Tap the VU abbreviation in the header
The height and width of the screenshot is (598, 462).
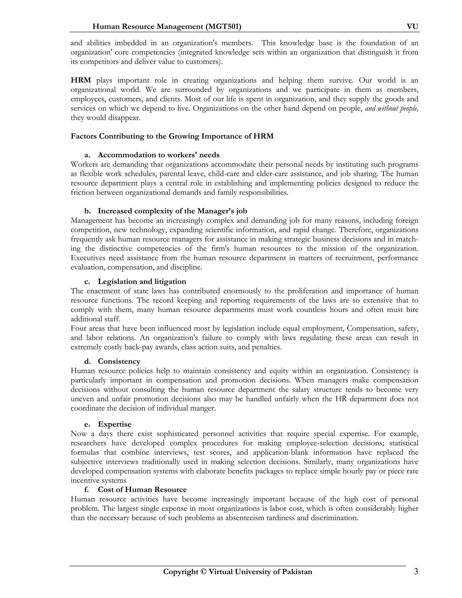[x=412, y=27]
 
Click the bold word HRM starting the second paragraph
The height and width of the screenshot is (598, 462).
[x=81, y=81]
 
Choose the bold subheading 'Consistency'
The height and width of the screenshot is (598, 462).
[x=119, y=362]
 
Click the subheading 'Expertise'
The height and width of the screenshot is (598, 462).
[x=114, y=424]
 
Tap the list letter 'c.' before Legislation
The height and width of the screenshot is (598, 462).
[x=87, y=281]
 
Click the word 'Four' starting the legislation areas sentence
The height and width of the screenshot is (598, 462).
[x=78, y=328]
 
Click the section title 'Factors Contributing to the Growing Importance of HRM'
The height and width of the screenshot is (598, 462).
[x=172, y=136]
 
